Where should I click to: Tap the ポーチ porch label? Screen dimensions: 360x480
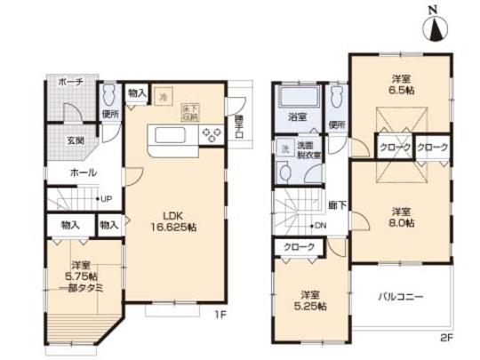click(x=70, y=82)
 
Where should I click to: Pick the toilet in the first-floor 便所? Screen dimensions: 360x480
click(x=108, y=93)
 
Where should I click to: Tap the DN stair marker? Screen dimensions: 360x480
click(x=320, y=226)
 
